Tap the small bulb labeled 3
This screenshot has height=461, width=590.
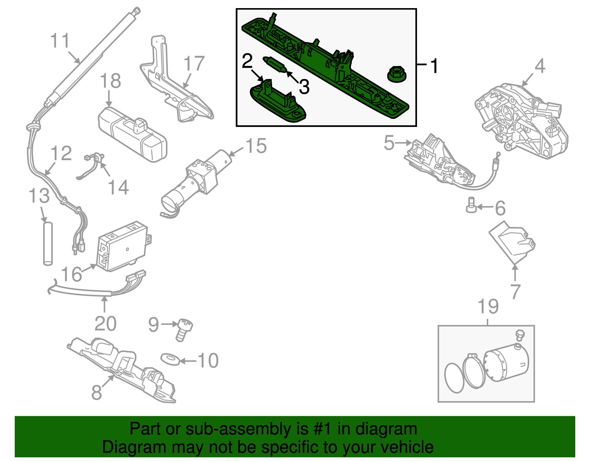pos(275,64)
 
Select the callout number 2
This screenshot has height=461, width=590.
pos(247,61)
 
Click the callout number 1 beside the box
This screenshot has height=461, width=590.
pos(435,66)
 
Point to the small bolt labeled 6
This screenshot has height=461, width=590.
pos(471,205)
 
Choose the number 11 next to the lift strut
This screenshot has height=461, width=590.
pos(60,41)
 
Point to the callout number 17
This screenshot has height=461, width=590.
pos(194,64)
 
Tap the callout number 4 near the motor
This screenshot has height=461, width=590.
pos(539,66)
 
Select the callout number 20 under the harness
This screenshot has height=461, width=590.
pos(105,324)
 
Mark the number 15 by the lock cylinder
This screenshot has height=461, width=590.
pos(256,146)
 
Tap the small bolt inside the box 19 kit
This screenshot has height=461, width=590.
pos(520,335)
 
